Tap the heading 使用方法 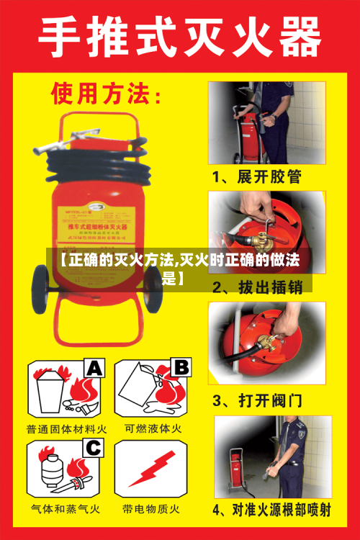pyautogui.click(x=106, y=94)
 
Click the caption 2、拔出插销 pyautogui.click(x=257, y=288)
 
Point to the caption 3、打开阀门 pyautogui.click(x=257, y=399)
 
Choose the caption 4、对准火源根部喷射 pyautogui.click(x=271, y=510)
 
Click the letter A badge pyautogui.click(x=95, y=369)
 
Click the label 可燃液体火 pyautogui.click(x=153, y=428)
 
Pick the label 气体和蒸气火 pyautogui.click(x=66, y=508)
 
